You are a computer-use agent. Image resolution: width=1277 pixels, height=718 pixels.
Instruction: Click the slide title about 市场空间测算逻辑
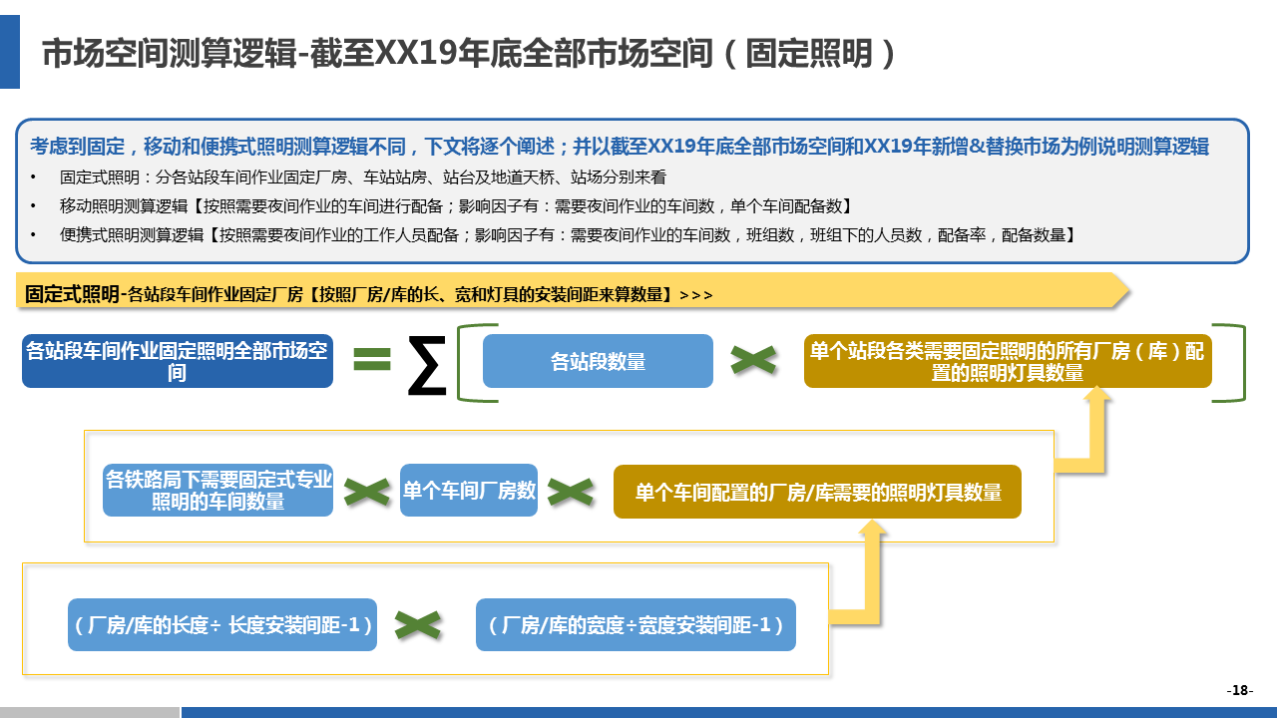469,54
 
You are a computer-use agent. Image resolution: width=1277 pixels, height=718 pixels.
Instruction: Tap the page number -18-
1239,690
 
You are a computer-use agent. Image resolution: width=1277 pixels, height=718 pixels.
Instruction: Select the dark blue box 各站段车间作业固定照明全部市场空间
177,361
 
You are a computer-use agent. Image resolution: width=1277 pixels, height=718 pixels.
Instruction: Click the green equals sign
372,359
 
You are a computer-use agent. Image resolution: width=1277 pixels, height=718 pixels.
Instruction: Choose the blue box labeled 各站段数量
598,361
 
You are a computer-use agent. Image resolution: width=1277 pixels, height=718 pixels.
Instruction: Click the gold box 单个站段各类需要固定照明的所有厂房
1007,361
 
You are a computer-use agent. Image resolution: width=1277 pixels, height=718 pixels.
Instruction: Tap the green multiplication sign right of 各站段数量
753,360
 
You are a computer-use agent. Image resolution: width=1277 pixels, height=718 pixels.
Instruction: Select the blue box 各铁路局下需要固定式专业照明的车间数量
217,490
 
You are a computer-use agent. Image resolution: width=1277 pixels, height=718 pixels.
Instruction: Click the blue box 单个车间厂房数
469,490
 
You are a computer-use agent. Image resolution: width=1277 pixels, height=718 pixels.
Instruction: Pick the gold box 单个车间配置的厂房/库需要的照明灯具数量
817,492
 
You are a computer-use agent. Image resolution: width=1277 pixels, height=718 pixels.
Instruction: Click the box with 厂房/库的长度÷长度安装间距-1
222,625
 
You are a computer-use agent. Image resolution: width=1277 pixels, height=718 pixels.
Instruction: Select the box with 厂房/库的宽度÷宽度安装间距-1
636,625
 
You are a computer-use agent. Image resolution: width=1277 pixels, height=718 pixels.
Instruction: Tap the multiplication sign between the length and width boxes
418,625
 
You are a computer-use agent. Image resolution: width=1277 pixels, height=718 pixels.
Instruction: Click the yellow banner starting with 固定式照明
569,293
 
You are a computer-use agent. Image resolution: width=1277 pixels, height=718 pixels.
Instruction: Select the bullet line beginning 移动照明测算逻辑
455,206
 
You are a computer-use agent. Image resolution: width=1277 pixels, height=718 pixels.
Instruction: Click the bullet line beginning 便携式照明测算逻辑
567,235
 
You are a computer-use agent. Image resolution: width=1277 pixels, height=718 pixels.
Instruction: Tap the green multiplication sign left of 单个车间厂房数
366,491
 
